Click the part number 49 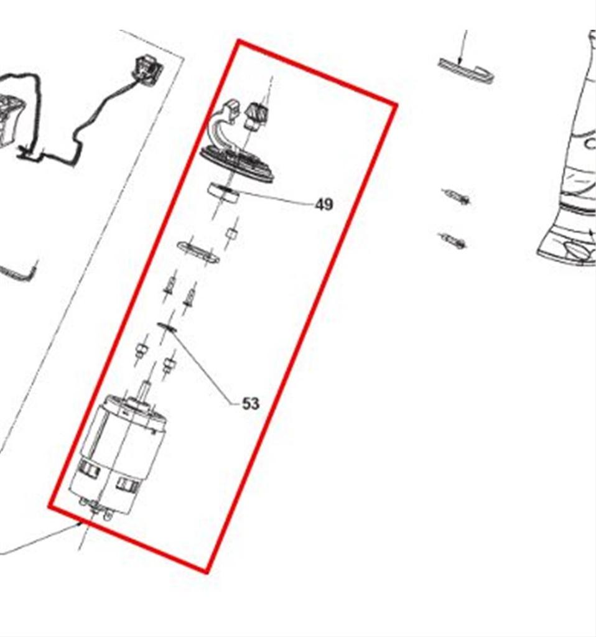click(x=324, y=204)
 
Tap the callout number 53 click(x=250, y=403)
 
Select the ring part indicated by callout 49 click(x=223, y=193)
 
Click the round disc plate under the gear click(x=238, y=164)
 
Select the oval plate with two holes click(x=198, y=252)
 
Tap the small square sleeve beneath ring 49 click(x=231, y=234)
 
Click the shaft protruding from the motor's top click(x=145, y=391)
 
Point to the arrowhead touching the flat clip click(x=460, y=60)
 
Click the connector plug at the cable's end click(x=147, y=70)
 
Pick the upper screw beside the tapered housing click(x=457, y=197)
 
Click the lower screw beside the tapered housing click(x=453, y=241)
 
